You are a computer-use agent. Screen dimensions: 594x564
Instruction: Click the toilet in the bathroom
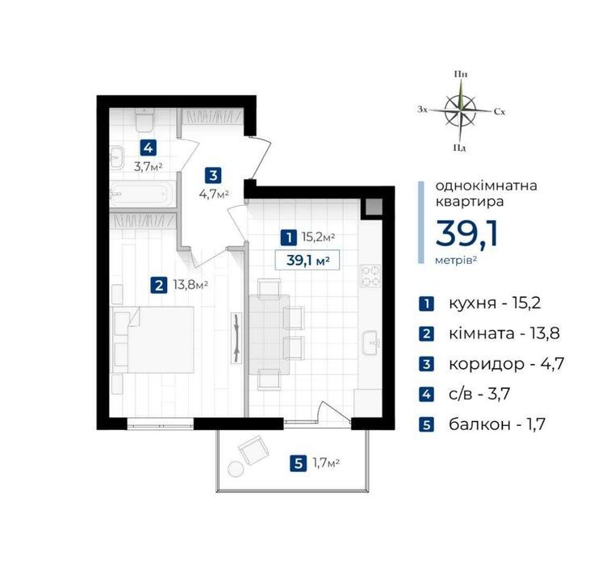(144, 119)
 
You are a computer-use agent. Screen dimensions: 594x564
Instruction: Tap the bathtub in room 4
(142, 194)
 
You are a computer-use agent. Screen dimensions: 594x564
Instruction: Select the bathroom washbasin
(117, 157)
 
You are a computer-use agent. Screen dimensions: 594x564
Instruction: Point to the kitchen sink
(371, 344)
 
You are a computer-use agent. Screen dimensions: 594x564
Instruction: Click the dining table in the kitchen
(269, 335)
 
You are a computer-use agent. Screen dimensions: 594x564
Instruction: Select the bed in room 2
(153, 340)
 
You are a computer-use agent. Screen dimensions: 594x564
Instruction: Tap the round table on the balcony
(236, 469)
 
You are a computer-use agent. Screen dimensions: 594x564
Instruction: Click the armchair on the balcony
(253, 450)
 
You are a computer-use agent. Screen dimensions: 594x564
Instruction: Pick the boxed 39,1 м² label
(307, 261)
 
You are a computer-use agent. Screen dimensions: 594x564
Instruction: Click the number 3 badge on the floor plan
(213, 175)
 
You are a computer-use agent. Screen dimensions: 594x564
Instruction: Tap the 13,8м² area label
(190, 285)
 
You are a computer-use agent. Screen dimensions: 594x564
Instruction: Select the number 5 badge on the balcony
(298, 463)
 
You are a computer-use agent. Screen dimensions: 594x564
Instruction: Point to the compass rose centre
(460, 111)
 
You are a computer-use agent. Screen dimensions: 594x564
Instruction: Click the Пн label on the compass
(461, 74)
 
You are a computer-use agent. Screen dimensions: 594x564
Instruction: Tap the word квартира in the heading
(470, 202)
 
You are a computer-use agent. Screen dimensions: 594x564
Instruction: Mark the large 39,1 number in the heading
(466, 234)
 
